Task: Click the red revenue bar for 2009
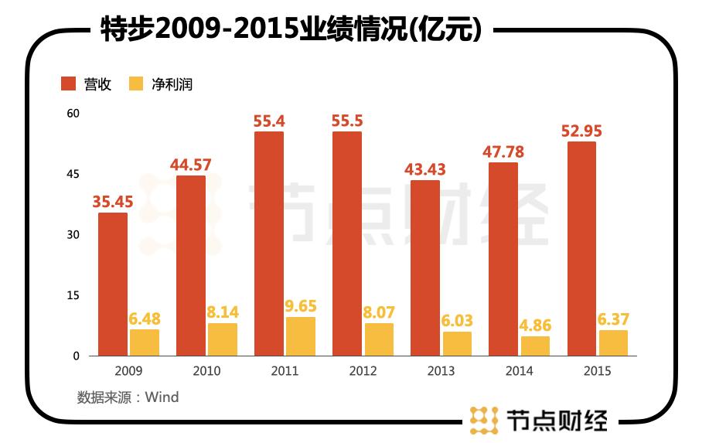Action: coord(113,284)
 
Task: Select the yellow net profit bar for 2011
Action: coord(301,336)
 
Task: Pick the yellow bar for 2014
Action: coord(535,346)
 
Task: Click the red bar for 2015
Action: coord(581,248)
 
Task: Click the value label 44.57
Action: coord(191,165)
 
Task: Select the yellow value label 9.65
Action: coord(301,305)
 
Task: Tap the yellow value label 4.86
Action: coord(535,325)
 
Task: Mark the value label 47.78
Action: coord(503,152)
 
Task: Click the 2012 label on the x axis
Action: coord(363,371)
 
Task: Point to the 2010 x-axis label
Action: coord(206,371)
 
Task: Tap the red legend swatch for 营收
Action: coord(69,84)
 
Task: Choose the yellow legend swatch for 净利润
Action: coord(136,84)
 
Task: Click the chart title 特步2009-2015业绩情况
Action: coord(292,29)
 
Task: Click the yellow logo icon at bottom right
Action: coord(484,419)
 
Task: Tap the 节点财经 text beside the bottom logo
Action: coord(557,420)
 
